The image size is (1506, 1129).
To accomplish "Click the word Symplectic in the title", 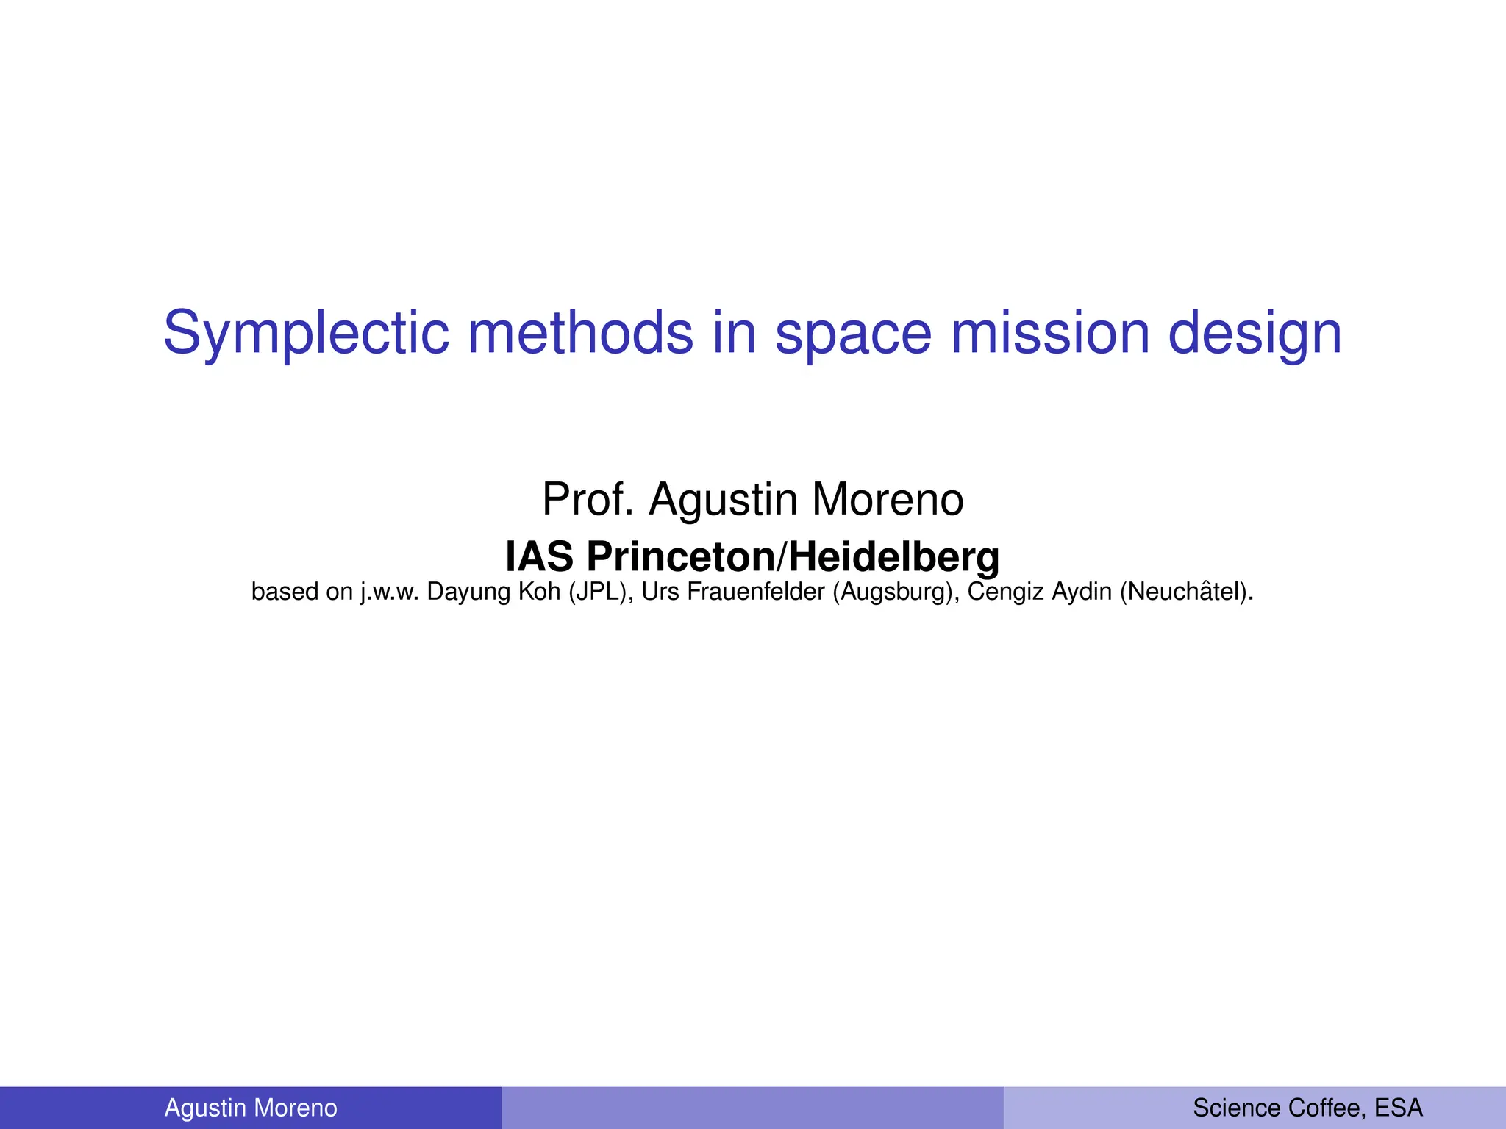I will [305, 333].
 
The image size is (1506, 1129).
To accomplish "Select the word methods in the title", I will [580, 333].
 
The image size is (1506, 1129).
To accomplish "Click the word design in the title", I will [1255, 333].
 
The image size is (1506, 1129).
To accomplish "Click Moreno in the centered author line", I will [888, 500].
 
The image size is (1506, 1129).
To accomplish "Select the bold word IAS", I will [539, 557].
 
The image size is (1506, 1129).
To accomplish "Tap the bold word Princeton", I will [681, 557].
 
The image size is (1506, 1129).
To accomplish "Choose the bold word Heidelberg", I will [893, 557].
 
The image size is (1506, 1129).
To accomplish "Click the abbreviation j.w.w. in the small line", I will [389, 592].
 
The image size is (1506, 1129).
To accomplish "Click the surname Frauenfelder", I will [755, 592].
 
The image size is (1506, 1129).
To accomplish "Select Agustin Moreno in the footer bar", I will [251, 1108].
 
